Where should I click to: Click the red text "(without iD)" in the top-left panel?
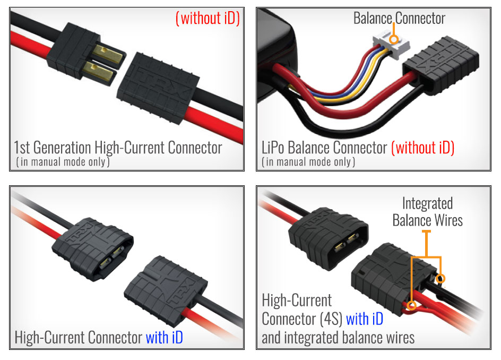(208, 18)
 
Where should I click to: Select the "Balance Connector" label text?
(399, 19)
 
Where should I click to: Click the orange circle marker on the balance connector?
(393, 39)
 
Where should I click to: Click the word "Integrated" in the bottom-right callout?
(427, 203)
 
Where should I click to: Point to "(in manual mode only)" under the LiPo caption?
(308, 162)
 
